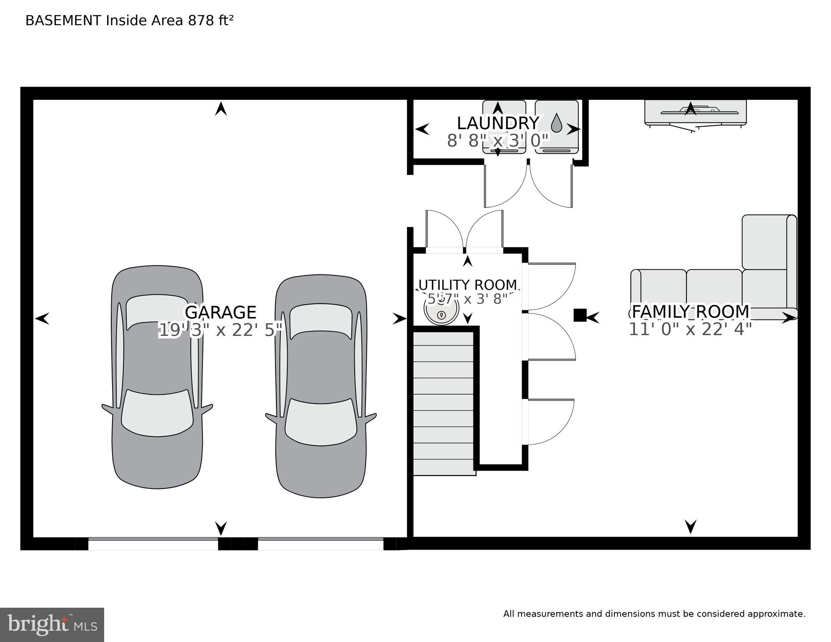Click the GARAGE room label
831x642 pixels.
point(220,312)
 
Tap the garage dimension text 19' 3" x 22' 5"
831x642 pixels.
point(221,330)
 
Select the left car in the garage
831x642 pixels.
point(157,376)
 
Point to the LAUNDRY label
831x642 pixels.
point(498,123)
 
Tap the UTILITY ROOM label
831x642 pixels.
point(468,285)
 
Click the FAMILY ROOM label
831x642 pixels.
point(690,312)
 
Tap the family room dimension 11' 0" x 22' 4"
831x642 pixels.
point(690,330)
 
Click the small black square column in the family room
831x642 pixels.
point(579,315)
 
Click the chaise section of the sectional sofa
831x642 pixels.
point(769,243)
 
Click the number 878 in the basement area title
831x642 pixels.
point(201,20)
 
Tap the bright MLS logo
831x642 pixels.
point(52,625)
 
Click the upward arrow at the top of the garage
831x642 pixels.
point(221,109)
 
